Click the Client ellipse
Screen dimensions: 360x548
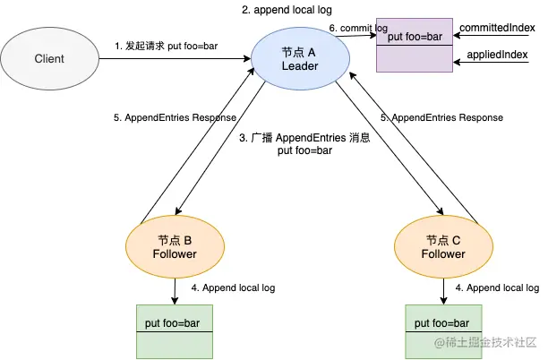(48, 60)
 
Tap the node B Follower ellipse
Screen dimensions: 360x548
(175, 246)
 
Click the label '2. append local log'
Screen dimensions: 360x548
(286, 10)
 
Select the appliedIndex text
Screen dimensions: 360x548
(498, 56)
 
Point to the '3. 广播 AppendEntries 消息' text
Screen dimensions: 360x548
(305, 140)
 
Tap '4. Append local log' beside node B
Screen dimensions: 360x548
(233, 287)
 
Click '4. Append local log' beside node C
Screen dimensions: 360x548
(497, 287)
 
